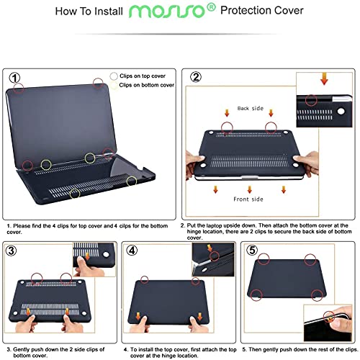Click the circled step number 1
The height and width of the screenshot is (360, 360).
14,77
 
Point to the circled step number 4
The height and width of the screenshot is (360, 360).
133,251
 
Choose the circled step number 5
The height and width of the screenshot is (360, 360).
251,250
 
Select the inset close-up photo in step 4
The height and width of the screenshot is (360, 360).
212,259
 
